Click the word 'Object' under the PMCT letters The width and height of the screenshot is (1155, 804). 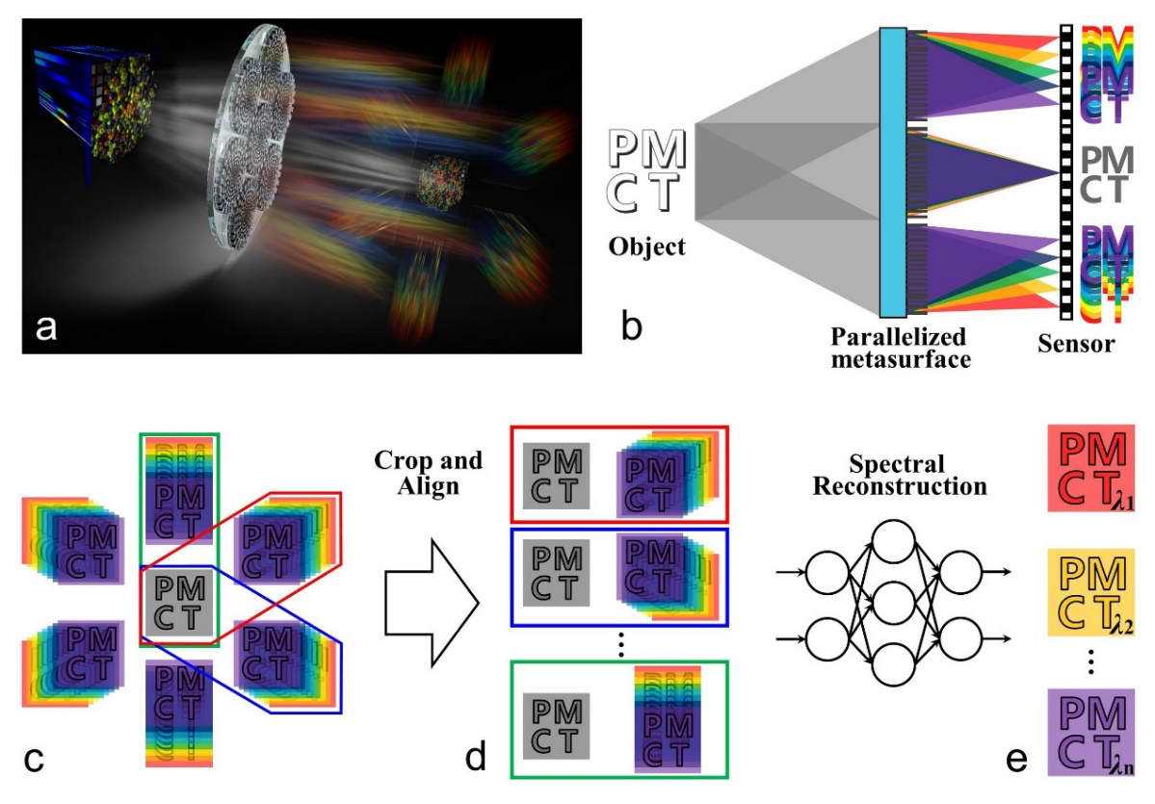(646, 246)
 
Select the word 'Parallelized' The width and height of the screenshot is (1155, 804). (899, 338)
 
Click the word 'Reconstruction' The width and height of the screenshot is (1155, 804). (900, 486)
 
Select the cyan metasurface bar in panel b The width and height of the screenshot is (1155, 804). (891, 172)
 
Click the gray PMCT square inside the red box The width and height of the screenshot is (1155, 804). (557, 473)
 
